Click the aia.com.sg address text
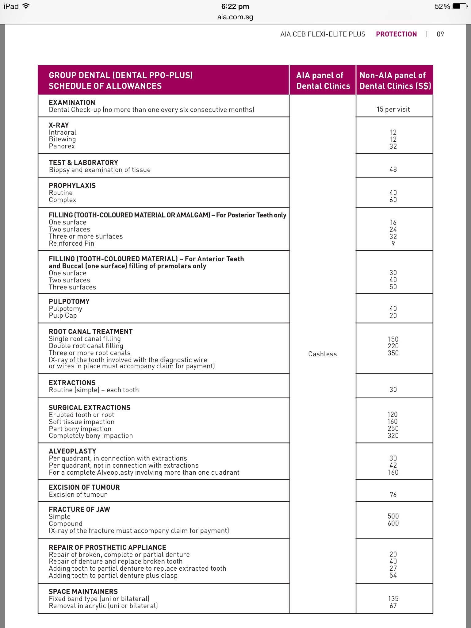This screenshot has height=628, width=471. coord(235,17)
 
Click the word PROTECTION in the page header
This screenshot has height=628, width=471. coord(396,34)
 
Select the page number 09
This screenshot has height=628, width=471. coord(440,34)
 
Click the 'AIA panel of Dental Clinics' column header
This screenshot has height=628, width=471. coord(323,80)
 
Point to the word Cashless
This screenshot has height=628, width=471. coord(322,354)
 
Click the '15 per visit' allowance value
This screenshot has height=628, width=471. coord(393,109)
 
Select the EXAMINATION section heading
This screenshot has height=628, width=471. coord(72,102)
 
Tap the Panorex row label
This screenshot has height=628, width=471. coord(62,146)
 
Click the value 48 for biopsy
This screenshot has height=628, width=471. coord(393,169)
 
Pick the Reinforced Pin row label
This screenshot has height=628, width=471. coord(71,243)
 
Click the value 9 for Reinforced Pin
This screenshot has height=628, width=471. coord(393,243)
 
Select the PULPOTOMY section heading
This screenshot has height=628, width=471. coord(69,301)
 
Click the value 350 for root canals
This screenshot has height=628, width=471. coord(393,353)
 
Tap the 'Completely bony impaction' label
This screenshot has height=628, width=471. coord(91,436)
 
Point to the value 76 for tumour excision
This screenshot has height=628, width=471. coord(393,495)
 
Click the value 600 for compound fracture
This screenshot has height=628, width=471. coord(393,523)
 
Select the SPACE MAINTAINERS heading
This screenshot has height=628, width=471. coord(83,592)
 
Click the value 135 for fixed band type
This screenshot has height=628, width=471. coord(393,599)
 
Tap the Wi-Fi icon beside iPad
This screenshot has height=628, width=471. coord(26,6)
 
